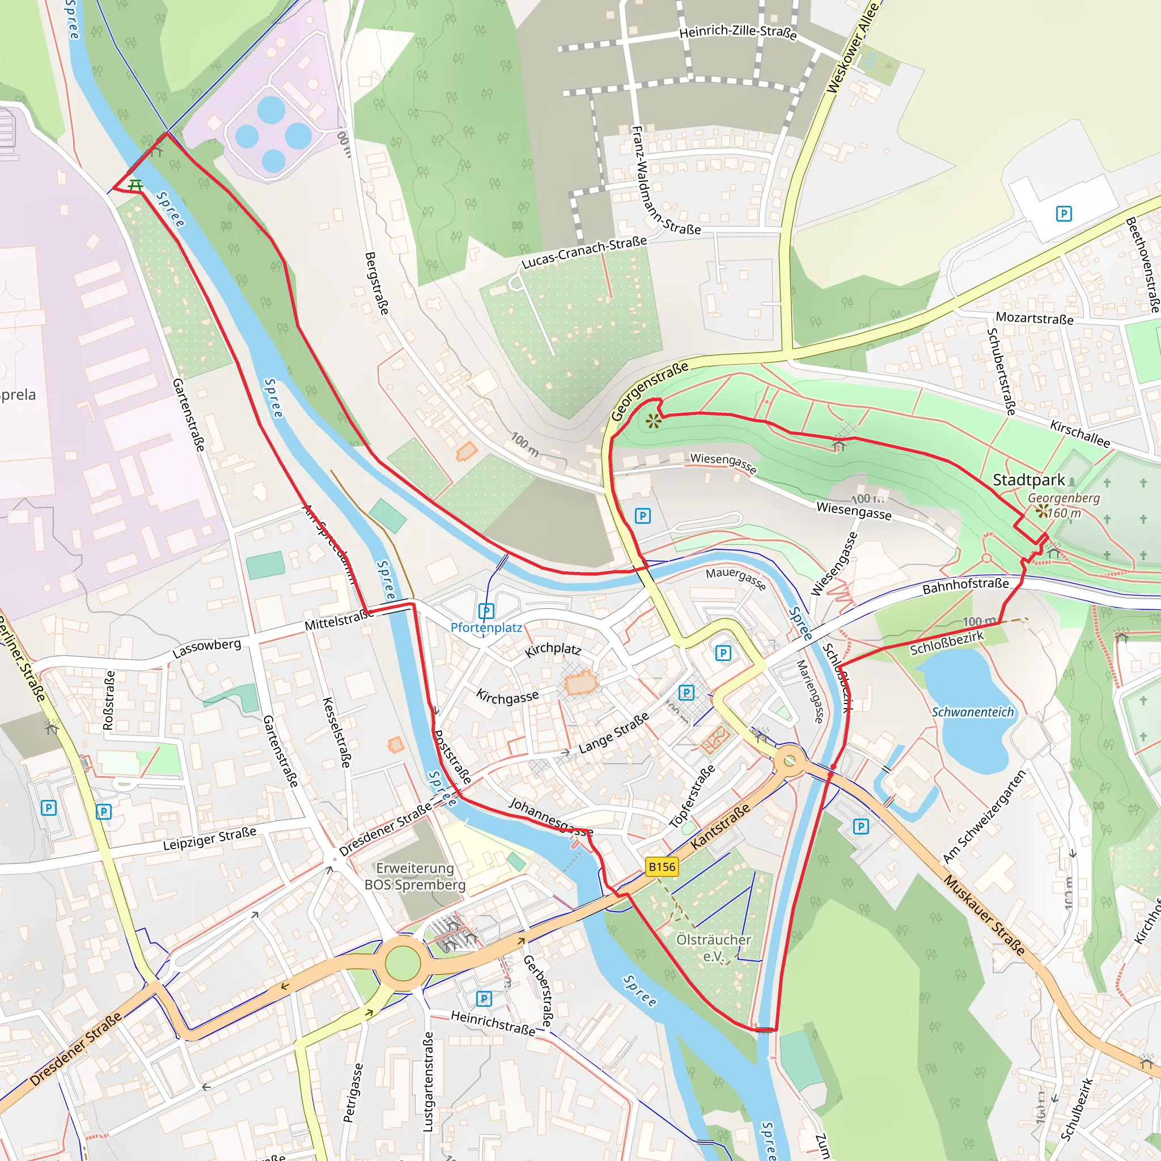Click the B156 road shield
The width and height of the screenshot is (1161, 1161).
662,867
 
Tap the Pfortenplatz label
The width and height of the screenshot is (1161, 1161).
486,628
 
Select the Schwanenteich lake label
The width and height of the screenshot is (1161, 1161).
972,712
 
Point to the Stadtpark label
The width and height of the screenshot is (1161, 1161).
1028,480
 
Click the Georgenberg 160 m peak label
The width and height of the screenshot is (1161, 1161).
1063,505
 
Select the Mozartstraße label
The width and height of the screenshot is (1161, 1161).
1034,318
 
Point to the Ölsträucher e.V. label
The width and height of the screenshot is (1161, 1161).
713,948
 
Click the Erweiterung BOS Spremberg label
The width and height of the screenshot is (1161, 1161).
414,876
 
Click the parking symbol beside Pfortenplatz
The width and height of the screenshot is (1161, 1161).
486,611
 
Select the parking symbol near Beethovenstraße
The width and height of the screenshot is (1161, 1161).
1063,213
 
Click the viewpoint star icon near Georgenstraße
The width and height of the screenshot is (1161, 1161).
653,421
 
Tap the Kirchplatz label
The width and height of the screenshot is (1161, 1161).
553,650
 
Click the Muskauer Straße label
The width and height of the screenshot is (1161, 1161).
984,914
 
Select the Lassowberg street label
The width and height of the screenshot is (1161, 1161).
207,648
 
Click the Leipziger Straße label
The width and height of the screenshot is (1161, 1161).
209,838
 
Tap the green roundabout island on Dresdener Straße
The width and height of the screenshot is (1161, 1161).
402,963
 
